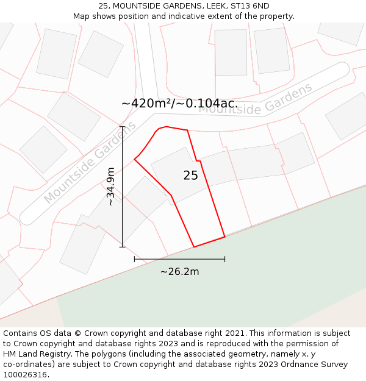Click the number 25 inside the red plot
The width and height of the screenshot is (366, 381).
tap(190, 176)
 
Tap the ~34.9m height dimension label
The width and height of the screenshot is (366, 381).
tap(110, 187)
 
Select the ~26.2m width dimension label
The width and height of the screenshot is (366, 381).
tap(179, 272)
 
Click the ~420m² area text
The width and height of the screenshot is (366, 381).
tap(147, 104)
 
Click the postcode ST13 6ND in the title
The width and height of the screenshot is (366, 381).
tap(252, 6)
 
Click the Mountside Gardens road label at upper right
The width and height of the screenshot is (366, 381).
tap(256, 99)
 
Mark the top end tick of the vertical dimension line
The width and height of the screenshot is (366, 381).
tap(122, 127)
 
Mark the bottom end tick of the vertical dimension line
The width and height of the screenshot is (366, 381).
tap(122, 247)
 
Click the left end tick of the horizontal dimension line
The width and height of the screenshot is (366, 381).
tap(134, 259)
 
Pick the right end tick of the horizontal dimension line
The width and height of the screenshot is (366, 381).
tap(225, 259)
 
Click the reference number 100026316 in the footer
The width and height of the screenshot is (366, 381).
tap(24, 375)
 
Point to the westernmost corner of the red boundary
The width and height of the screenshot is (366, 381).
tap(134, 160)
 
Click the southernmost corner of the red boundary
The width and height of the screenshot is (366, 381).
tap(194, 247)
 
